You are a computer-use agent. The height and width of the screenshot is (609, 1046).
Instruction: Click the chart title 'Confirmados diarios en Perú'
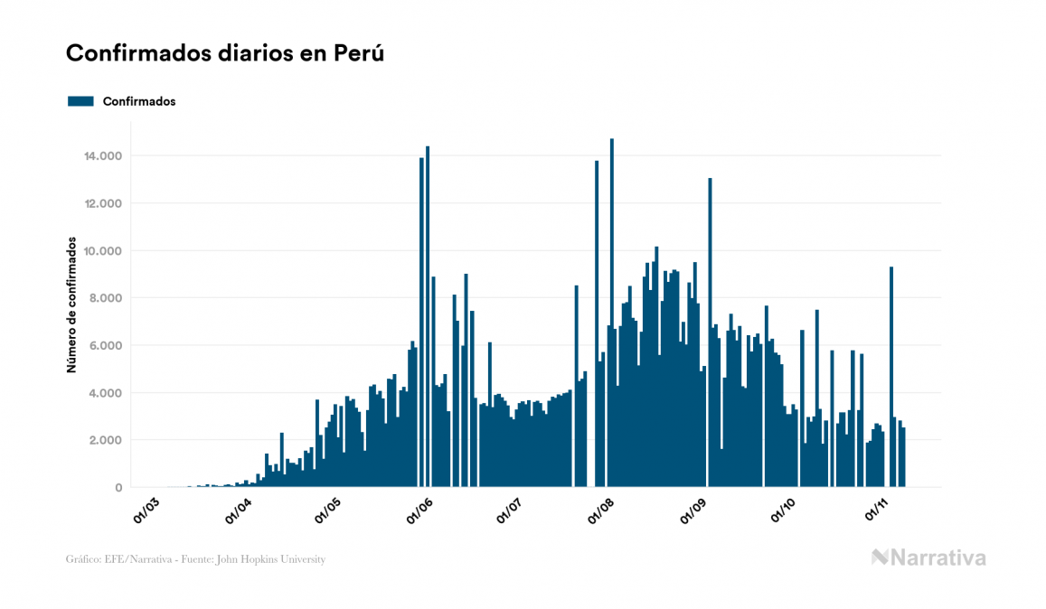coord(225,53)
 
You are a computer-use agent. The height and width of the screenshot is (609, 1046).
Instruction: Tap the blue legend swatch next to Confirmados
coord(80,101)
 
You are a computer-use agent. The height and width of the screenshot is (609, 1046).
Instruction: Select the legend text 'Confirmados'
coord(139,101)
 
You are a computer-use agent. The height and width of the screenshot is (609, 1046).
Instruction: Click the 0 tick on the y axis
coord(118,488)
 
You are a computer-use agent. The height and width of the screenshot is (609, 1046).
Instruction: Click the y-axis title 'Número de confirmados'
coord(71,307)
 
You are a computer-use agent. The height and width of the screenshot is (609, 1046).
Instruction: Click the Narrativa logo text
coord(938,557)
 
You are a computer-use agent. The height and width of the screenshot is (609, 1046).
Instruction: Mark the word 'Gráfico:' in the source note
coord(84,559)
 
